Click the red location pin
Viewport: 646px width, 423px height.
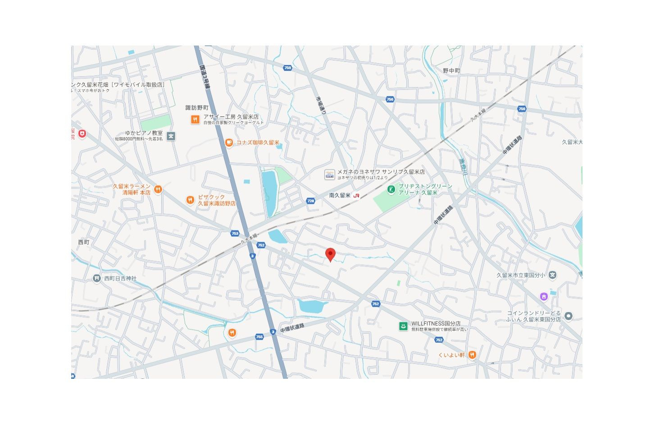(x=330, y=254)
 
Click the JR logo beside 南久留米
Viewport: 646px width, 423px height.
(x=357, y=195)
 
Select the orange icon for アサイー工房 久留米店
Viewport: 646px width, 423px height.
(x=195, y=119)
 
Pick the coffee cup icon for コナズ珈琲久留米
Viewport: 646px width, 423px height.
(x=229, y=143)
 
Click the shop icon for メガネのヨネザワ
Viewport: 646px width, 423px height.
(x=329, y=174)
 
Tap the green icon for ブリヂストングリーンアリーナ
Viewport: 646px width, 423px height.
(x=391, y=189)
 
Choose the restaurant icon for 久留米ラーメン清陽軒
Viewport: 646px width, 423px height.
(x=158, y=189)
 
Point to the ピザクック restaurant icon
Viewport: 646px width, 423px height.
(x=190, y=200)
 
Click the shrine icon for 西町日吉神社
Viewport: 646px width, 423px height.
(x=97, y=278)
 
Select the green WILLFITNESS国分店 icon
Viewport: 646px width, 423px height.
(x=403, y=326)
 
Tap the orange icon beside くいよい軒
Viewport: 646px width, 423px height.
(x=472, y=354)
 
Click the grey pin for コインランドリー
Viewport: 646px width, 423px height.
(x=569, y=316)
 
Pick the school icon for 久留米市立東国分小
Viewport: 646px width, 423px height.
(x=553, y=275)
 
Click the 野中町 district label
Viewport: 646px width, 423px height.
(x=451, y=71)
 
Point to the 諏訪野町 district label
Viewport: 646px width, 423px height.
(x=197, y=108)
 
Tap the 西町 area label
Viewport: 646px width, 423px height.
(x=84, y=242)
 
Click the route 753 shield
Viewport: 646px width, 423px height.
(x=235, y=233)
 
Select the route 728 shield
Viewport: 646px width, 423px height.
(x=310, y=201)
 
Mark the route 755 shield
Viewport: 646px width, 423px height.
(x=259, y=336)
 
